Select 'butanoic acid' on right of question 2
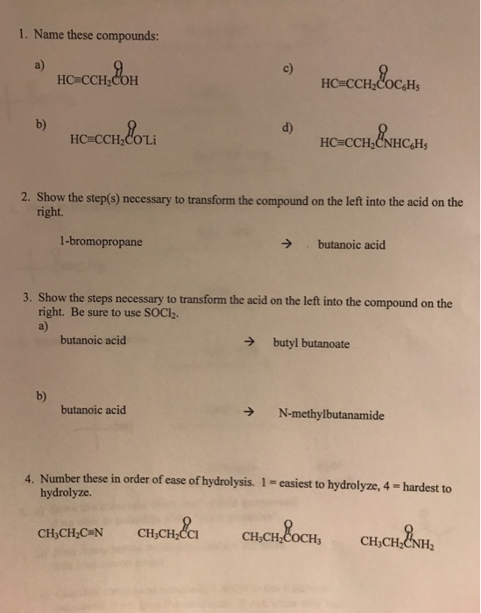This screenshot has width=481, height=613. [x=351, y=245]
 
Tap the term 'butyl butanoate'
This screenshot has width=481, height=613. [x=311, y=345]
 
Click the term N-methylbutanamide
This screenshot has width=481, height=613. [x=329, y=415]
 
